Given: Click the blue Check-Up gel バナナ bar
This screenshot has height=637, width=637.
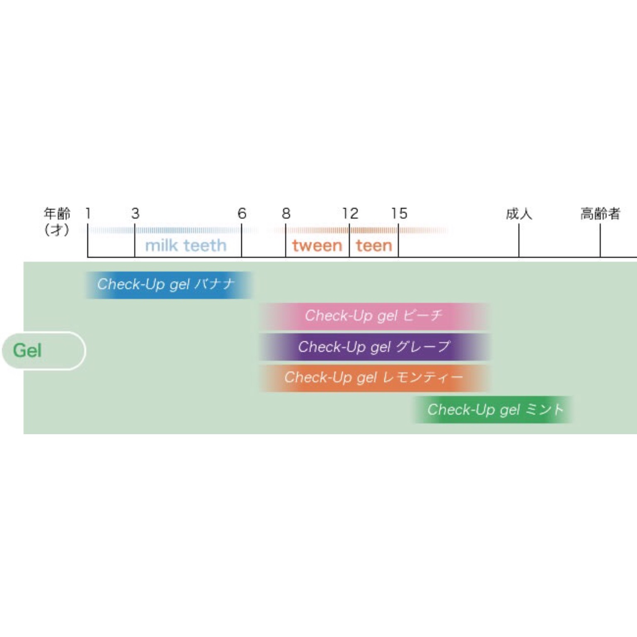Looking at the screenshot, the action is coord(169,285).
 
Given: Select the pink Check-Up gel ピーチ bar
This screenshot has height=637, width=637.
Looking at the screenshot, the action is coord(374,316).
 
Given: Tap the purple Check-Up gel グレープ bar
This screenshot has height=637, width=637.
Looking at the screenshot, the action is coord(374,347).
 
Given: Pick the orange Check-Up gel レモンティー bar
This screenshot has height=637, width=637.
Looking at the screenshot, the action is coord(374,378).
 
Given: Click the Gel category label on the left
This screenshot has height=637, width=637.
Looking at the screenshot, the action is coord(27,350).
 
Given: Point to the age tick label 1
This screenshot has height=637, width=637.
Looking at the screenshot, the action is coord(88,214).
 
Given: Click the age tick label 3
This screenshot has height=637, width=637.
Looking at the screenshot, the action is coord(135,214).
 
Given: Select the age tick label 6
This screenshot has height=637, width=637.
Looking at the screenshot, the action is coord(242,214).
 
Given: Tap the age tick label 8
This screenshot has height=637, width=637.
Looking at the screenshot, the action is coord(286,214).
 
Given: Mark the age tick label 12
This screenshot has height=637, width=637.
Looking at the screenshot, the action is coord(350,214).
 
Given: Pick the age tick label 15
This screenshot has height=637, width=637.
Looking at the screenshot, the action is coord(399,214).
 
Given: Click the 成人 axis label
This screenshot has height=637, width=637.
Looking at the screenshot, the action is coord(519,214).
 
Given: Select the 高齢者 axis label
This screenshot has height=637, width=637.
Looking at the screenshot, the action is coord(600,214).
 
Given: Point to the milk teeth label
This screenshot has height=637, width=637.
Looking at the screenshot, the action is coord(186,246).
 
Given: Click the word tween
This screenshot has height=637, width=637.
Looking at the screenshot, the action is coord(317,246).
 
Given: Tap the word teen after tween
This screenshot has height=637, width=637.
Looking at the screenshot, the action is coord(374,246).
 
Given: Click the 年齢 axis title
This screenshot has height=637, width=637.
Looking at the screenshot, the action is coord(57,214).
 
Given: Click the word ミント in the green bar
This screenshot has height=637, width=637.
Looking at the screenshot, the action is coord(545,410).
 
